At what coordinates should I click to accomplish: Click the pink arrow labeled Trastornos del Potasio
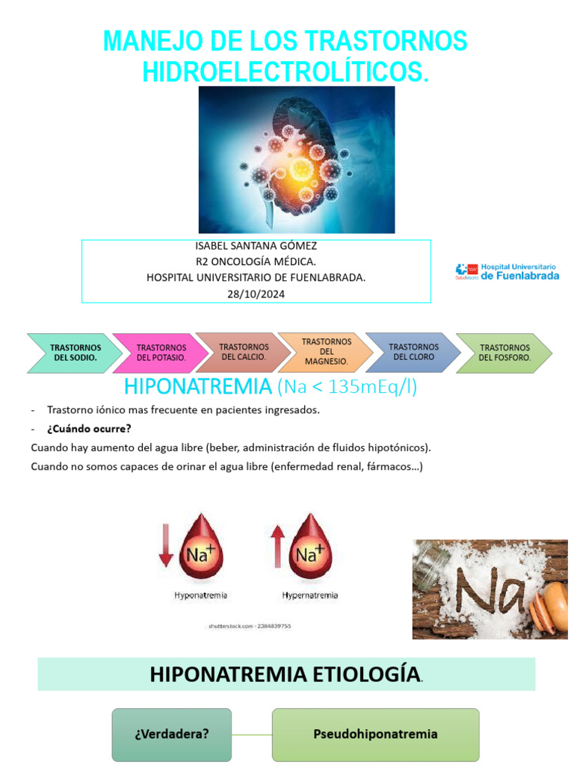(x=161, y=353)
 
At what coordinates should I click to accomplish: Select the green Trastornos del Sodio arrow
(x=75, y=353)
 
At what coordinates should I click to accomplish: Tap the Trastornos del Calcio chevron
(x=244, y=352)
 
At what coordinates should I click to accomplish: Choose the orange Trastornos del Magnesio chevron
(x=326, y=352)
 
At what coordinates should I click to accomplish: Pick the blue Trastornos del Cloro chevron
(x=413, y=352)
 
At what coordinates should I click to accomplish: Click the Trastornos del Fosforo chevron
(x=504, y=353)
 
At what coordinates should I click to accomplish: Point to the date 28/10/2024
(x=256, y=294)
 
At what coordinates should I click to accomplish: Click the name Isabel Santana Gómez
(x=256, y=246)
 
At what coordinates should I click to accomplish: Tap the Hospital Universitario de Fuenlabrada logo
(x=507, y=271)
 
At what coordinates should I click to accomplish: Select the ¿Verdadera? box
(x=172, y=734)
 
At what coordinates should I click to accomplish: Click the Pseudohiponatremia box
(x=375, y=734)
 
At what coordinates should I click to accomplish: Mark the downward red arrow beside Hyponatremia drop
(x=166, y=545)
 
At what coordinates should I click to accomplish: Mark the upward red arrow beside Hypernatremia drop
(x=277, y=545)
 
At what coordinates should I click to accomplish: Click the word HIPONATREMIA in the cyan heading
(x=197, y=387)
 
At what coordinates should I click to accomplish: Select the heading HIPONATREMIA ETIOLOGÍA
(x=284, y=674)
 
